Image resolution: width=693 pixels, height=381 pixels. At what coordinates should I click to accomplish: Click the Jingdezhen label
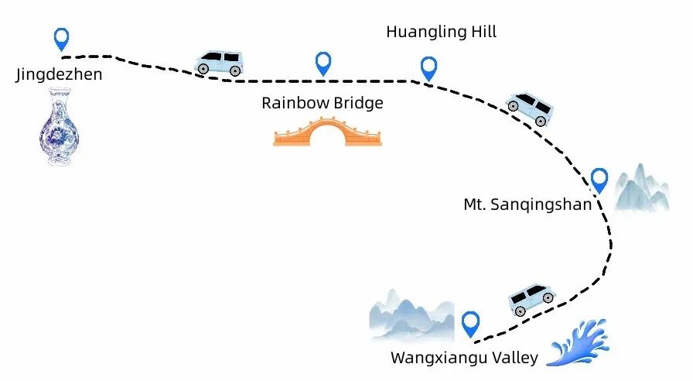58,75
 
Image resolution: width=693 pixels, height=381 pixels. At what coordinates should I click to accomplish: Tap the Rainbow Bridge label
322,102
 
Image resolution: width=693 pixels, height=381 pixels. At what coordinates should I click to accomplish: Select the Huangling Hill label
441,32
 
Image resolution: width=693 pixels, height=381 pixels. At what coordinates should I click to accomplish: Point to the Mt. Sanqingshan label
527,204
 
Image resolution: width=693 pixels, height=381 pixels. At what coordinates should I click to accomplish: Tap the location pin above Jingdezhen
61,38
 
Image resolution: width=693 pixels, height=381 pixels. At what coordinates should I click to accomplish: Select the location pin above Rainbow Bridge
323,63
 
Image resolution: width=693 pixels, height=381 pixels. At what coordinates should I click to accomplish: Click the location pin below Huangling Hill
428,68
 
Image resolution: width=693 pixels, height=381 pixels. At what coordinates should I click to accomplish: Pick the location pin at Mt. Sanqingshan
599,180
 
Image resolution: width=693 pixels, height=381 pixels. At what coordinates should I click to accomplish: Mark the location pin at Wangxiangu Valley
470,323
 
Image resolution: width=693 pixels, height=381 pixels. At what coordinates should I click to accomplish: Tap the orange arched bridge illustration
327,132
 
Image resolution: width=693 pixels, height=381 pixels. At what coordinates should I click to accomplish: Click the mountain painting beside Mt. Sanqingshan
642,188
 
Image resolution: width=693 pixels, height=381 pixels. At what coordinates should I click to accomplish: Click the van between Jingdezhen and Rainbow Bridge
219,62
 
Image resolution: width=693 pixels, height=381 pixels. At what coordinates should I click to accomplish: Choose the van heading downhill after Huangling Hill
527,108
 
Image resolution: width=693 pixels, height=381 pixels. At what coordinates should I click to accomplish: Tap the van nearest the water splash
533,298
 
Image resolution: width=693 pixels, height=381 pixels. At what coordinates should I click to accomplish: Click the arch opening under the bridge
327,138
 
